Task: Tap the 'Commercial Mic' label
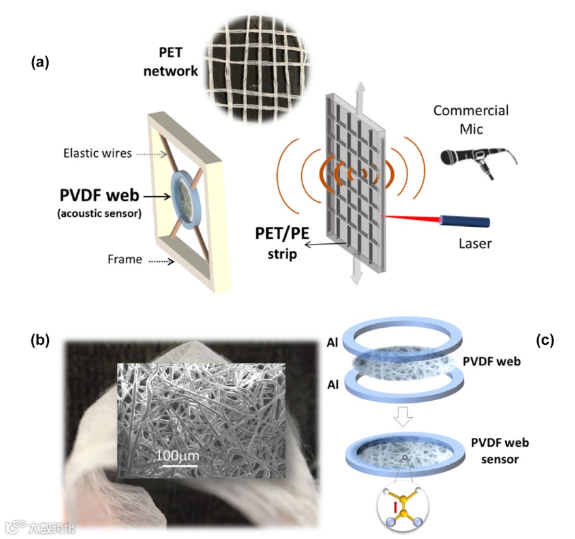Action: tap(471, 119)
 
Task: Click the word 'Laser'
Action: tap(473, 244)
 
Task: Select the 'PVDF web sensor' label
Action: tap(499, 451)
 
